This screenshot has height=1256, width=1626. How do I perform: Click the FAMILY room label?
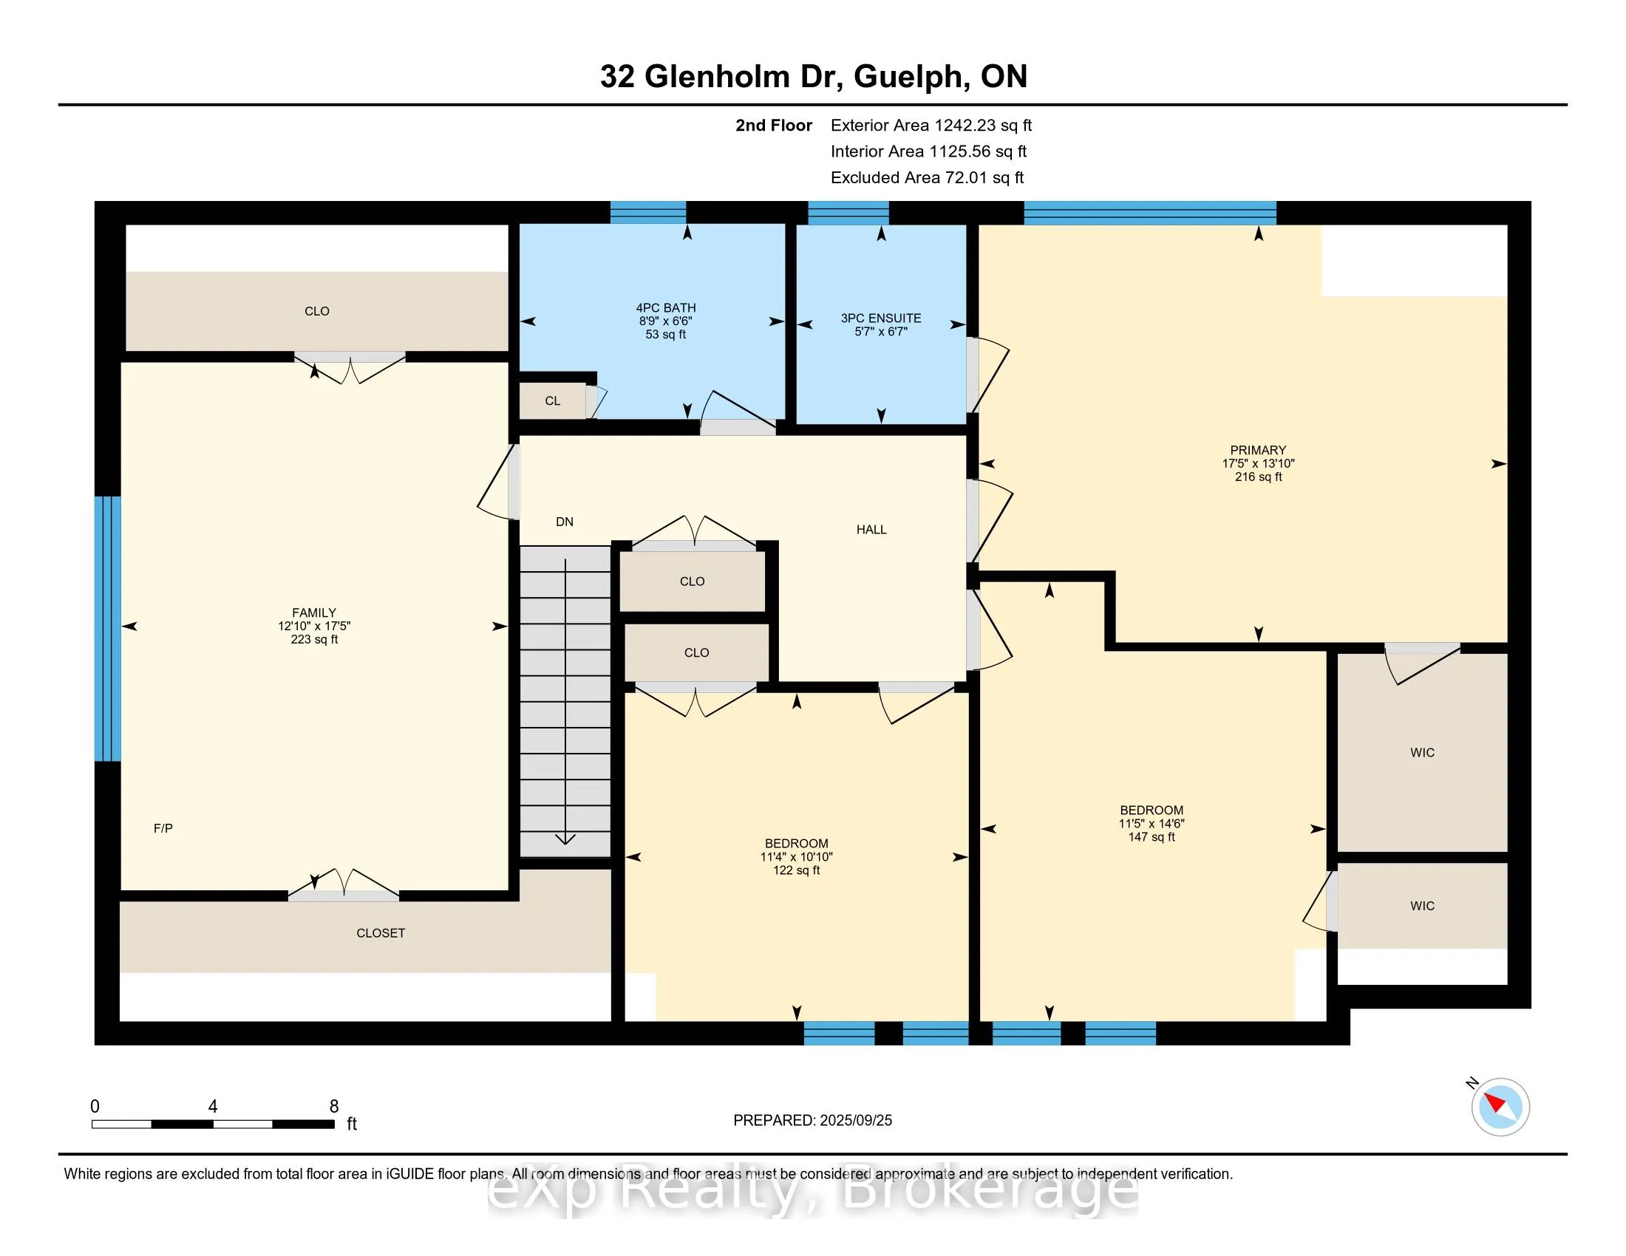point(314,612)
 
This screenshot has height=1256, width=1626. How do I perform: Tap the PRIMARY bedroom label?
point(1258,450)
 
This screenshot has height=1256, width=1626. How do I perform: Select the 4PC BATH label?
point(666,308)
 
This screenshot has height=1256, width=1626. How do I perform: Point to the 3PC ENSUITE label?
point(881,318)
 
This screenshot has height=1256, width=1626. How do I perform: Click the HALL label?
point(871,530)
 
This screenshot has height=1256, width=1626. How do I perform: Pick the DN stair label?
point(565,522)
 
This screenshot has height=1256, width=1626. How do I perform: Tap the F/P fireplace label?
point(163,828)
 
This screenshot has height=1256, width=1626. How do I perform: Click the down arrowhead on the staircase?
point(565,839)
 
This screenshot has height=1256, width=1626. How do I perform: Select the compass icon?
point(1500,1107)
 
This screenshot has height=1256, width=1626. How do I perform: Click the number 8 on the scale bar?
point(334,1107)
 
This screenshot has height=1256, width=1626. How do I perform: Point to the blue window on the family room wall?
point(108,629)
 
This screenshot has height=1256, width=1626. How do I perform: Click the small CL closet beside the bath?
point(552,401)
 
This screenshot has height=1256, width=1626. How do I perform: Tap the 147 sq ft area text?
point(1151,837)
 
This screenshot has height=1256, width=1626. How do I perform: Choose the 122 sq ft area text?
point(796,870)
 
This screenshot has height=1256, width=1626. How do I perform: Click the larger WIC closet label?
point(1422,753)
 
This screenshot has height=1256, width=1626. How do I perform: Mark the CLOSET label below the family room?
point(381,933)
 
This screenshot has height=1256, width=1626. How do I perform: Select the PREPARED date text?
point(812,1121)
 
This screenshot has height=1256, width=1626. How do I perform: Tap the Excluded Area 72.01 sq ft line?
point(927,178)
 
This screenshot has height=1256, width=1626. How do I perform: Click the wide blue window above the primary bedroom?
point(1150,213)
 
